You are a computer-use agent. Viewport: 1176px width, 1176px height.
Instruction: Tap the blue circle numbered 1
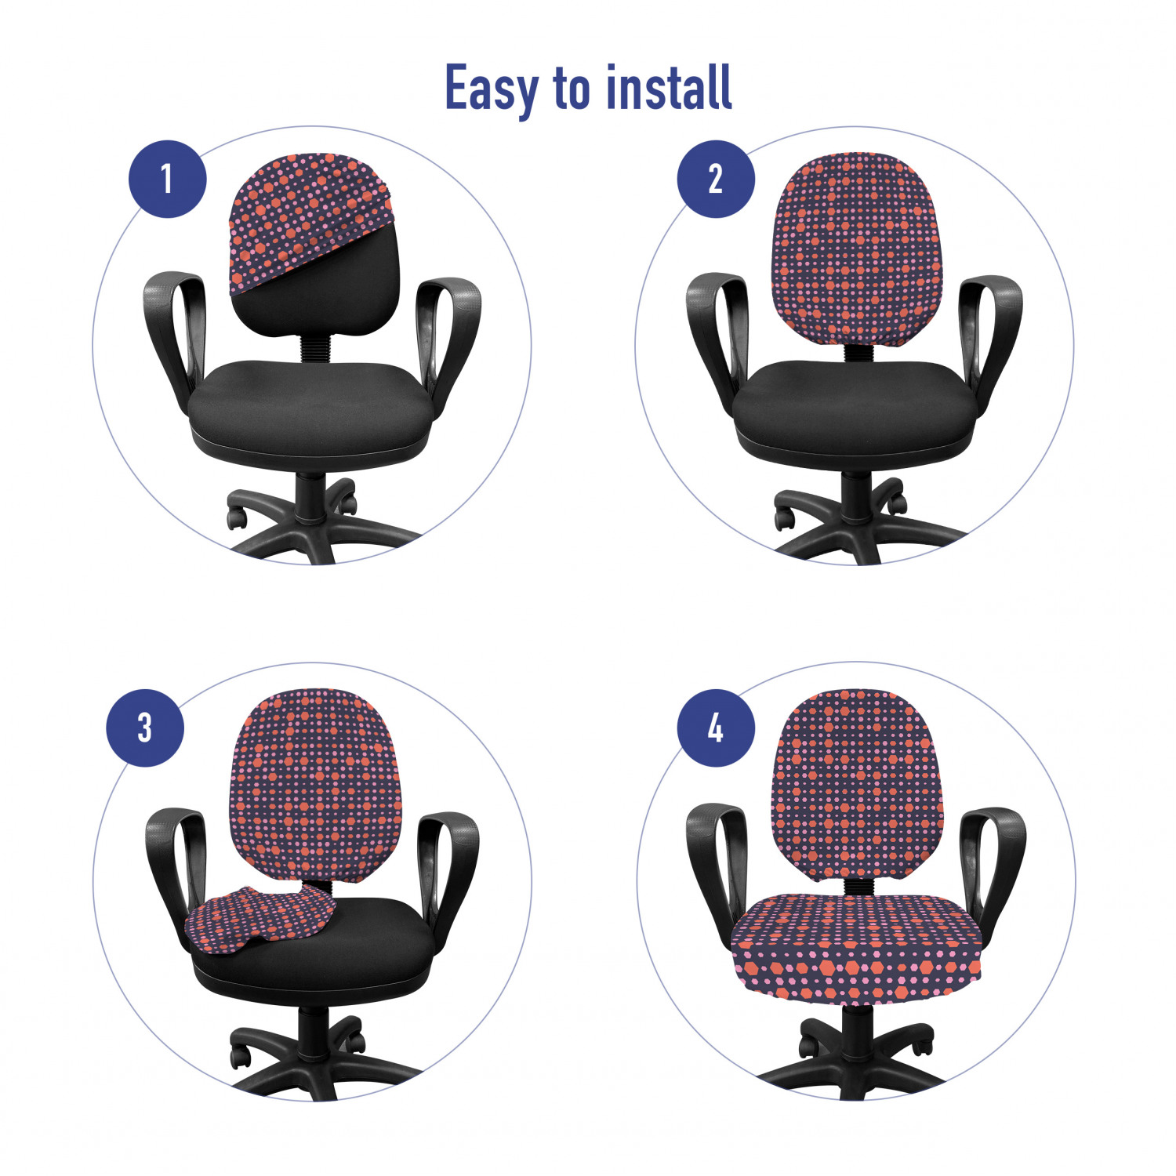click(x=167, y=179)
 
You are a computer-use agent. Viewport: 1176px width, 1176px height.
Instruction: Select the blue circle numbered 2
click(x=716, y=179)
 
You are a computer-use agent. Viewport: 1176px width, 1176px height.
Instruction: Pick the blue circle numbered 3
click(x=145, y=728)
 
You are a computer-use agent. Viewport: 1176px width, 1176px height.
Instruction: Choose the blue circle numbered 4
click(x=716, y=728)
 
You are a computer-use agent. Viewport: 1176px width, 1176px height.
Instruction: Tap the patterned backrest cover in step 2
click(x=855, y=248)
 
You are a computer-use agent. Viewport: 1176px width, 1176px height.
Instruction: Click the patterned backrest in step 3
click(x=315, y=784)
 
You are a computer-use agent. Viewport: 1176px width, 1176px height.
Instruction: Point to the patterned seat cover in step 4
click(x=856, y=947)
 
